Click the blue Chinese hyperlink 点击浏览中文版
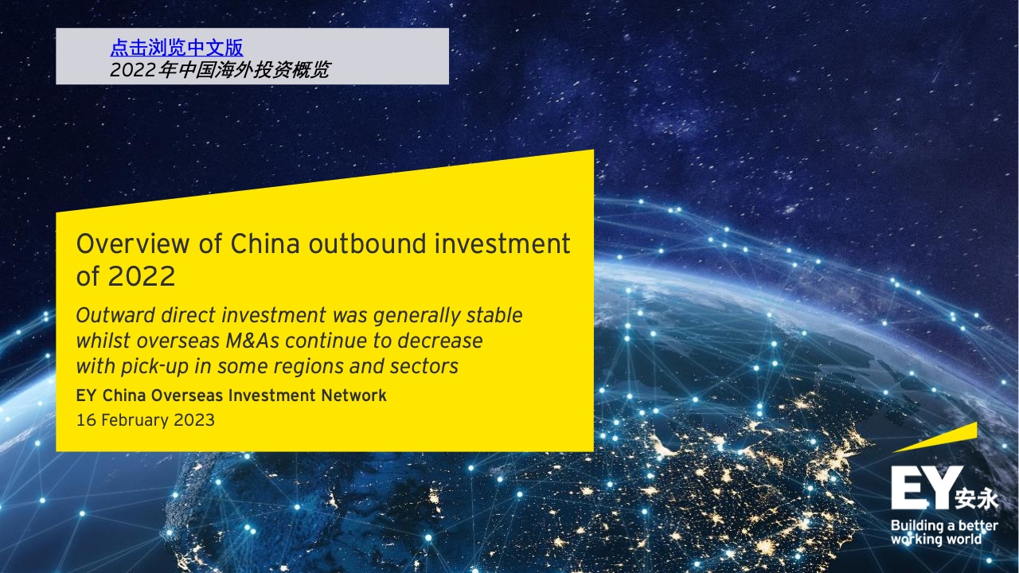point(177,47)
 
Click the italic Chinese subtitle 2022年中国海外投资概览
point(220,69)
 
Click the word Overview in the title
point(132,244)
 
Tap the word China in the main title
point(265,244)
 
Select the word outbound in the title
point(368,244)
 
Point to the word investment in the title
point(502,244)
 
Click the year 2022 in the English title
point(142,276)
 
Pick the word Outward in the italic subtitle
point(115,315)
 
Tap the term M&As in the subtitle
point(252,341)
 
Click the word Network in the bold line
point(354,396)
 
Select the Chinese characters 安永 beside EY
point(976,499)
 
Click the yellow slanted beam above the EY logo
point(935,437)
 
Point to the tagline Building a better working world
point(944,532)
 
